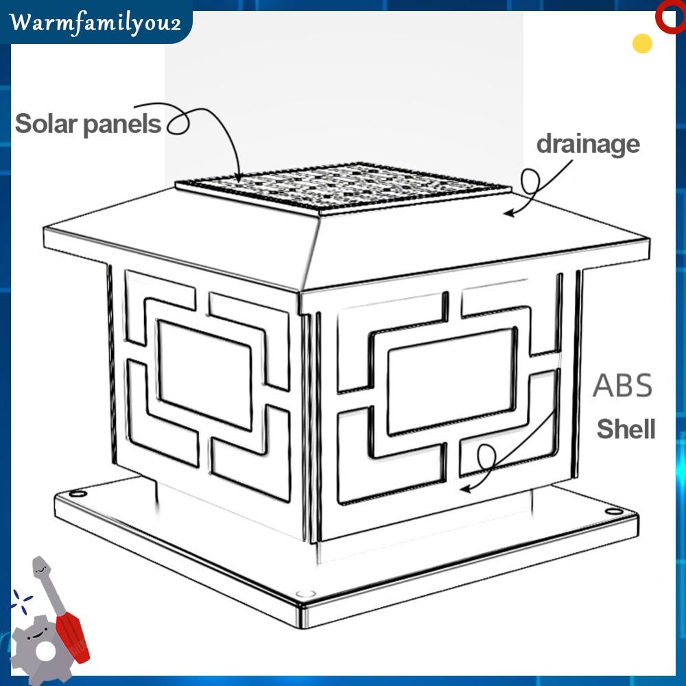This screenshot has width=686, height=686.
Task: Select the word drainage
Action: [x=587, y=145]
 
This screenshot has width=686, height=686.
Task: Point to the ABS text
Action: [x=622, y=386]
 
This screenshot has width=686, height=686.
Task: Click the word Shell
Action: [x=626, y=429]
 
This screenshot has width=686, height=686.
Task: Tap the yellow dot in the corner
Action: [x=642, y=43]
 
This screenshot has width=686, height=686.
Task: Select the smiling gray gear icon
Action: [x=36, y=646]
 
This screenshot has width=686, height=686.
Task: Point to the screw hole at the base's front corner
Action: [x=302, y=593]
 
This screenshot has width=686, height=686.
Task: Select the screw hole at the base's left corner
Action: [x=78, y=493]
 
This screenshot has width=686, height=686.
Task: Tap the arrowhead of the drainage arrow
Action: [x=508, y=213]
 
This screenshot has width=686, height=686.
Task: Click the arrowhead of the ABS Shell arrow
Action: [x=464, y=489]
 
